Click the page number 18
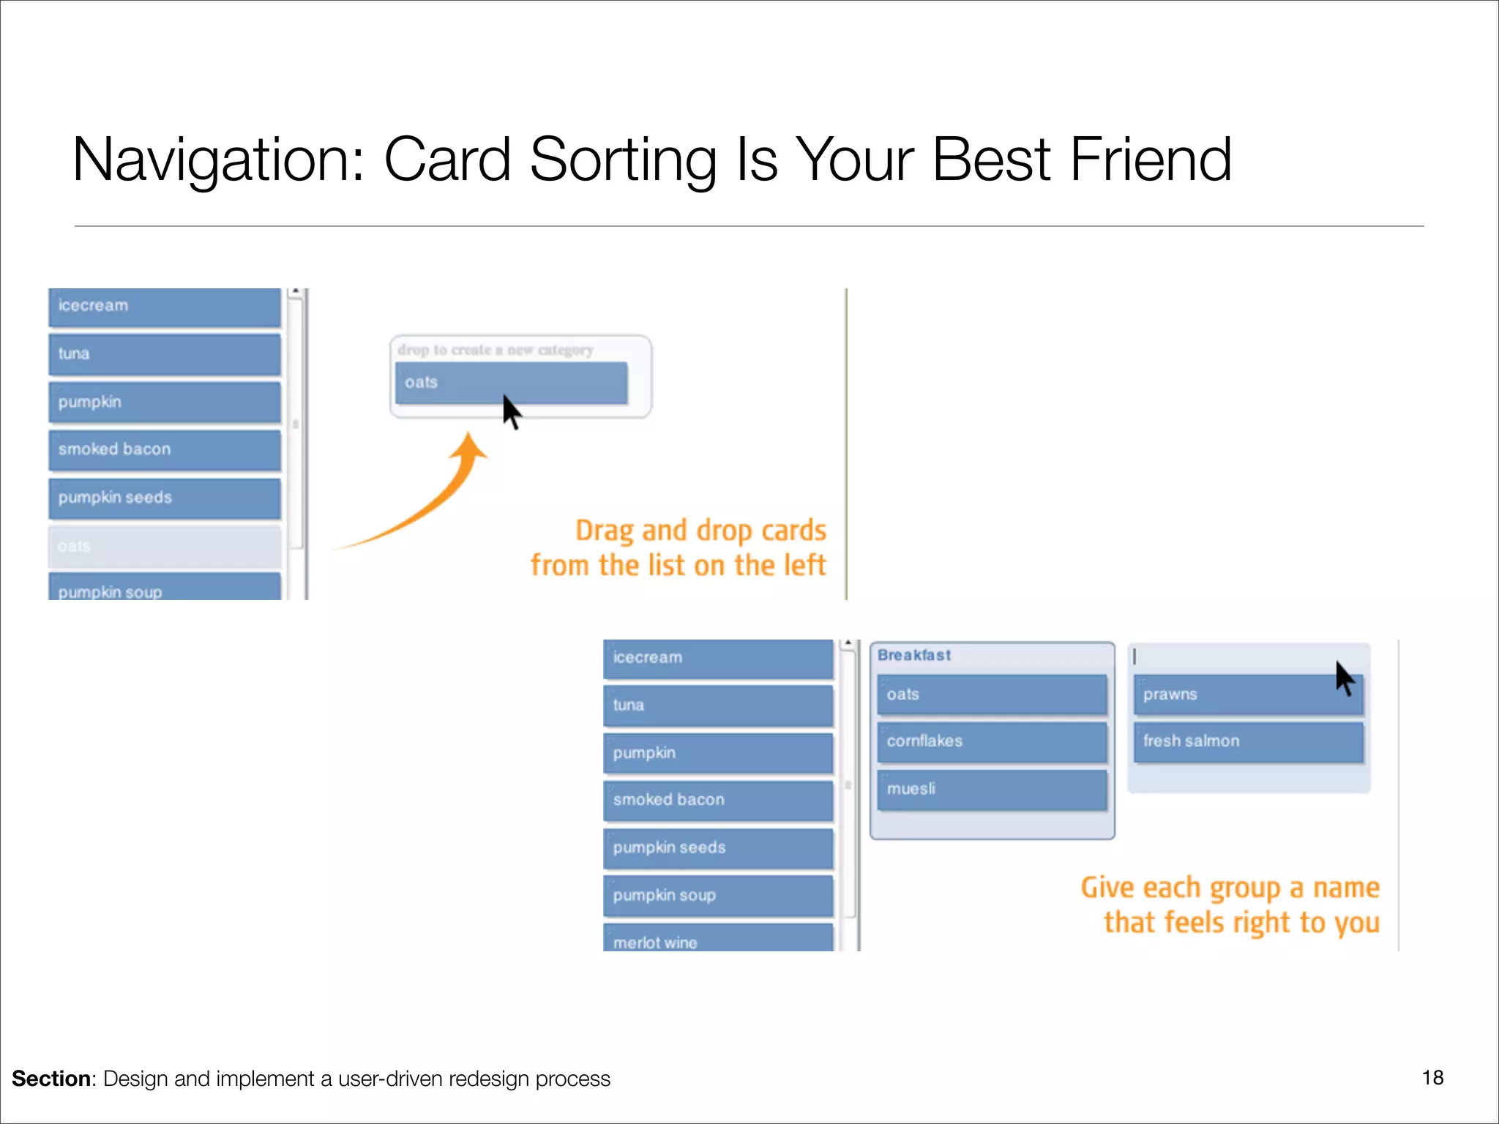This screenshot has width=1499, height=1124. [1432, 1077]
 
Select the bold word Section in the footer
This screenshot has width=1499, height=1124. [51, 1079]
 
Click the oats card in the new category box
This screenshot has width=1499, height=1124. [510, 382]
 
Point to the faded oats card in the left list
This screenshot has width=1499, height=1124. [164, 546]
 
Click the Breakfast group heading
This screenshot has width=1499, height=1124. [914, 655]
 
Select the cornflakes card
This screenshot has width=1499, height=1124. [992, 741]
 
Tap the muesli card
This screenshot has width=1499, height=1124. [992, 789]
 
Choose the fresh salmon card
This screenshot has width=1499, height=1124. [1248, 741]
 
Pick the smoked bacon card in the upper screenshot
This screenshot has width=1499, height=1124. [164, 449]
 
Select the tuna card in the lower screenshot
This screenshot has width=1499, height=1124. [717, 705]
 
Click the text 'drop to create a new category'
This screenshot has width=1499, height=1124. [496, 350]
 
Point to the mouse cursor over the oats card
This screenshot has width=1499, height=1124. [511, 412]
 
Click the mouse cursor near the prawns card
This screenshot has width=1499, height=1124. [1345, 678]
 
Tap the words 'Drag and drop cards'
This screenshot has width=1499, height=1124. [700, 531]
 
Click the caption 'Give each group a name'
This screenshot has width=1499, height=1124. [1230, 888]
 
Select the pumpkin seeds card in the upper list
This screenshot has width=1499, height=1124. [164, 498]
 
